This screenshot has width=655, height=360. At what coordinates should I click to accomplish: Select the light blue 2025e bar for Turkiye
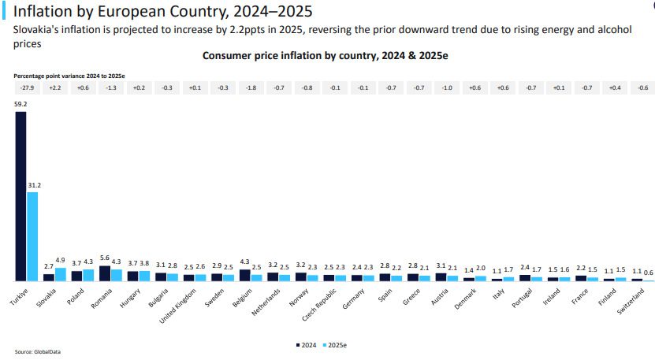32,236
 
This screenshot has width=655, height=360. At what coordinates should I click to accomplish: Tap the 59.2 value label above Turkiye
20,103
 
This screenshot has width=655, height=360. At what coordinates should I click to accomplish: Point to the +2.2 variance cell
54,87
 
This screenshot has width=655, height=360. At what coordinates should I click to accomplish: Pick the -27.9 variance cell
26,87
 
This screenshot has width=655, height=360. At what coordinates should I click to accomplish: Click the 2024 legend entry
307,344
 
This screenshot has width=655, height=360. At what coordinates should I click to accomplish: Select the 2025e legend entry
335,344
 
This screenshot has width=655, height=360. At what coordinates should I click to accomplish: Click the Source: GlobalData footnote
32,351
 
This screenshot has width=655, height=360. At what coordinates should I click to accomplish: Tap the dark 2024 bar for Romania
105,273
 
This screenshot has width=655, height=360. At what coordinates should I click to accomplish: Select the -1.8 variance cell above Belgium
251,87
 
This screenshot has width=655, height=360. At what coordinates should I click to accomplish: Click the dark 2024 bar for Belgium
244,275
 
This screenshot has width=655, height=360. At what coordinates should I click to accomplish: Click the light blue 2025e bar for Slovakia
61,274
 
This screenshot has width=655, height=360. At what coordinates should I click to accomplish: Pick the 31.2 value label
35,185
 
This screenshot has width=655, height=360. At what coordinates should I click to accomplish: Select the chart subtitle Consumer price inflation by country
326,56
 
